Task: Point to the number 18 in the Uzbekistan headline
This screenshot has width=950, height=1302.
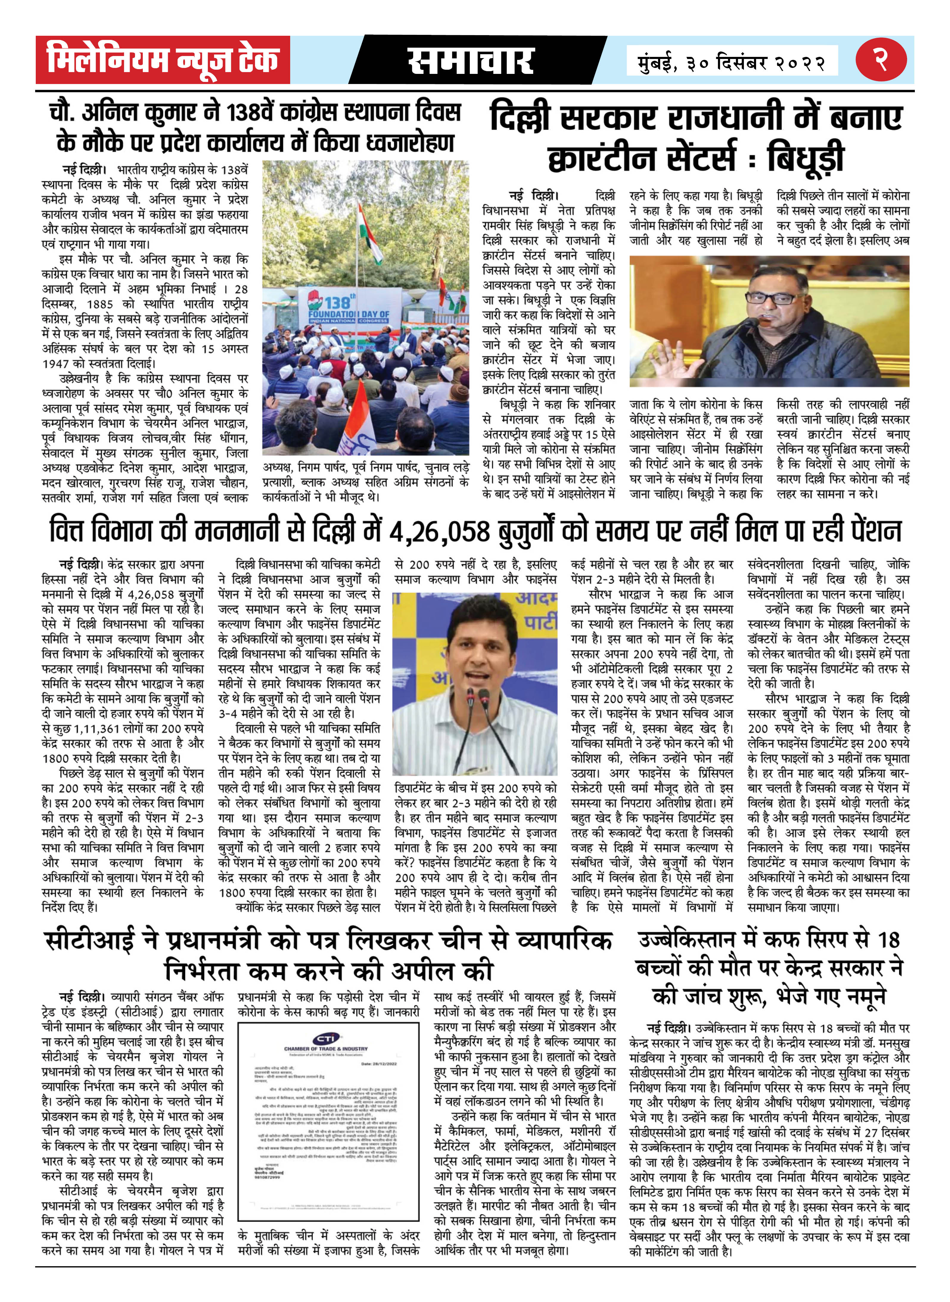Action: tap(888, 939)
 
